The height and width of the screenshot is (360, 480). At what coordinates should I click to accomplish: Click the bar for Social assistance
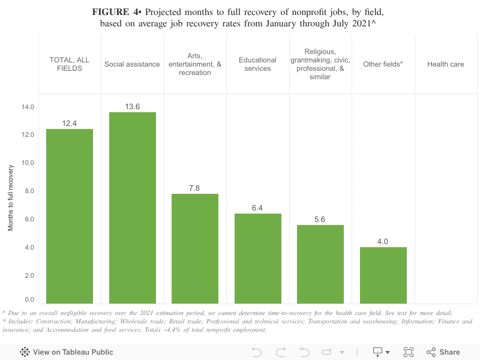tap(133, 208)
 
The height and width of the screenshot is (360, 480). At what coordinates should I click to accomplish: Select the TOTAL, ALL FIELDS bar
tap(70, 216)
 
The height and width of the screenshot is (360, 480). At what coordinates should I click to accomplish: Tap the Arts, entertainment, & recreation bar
tap(195, 248)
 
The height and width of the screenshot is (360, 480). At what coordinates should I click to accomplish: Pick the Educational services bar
tap(257, 258)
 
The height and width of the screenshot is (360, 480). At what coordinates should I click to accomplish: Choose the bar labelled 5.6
tap(320, 264)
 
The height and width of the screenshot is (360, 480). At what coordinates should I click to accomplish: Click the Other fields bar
tap(383, 275)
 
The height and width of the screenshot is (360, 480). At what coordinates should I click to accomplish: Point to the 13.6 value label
tap(133, 107)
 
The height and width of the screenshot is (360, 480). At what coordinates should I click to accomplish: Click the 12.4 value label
tap(70, 124)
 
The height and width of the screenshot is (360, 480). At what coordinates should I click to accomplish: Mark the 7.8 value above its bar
tap(195, 188)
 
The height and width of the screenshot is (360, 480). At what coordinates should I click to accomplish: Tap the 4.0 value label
tap(383, 242)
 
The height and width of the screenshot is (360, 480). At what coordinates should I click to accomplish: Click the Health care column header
tap(445, 64)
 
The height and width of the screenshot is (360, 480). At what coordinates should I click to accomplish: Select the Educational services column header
tap(257, 64)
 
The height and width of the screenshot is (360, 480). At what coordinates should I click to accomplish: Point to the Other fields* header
tap(383, 64)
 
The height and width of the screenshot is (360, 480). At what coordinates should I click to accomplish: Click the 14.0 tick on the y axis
tap(28, 107)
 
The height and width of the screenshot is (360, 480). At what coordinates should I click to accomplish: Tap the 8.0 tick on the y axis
tap(28, 191)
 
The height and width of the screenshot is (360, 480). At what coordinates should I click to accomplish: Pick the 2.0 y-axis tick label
tap(28, 275)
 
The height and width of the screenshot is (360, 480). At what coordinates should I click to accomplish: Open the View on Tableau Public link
tap(67, 352)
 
